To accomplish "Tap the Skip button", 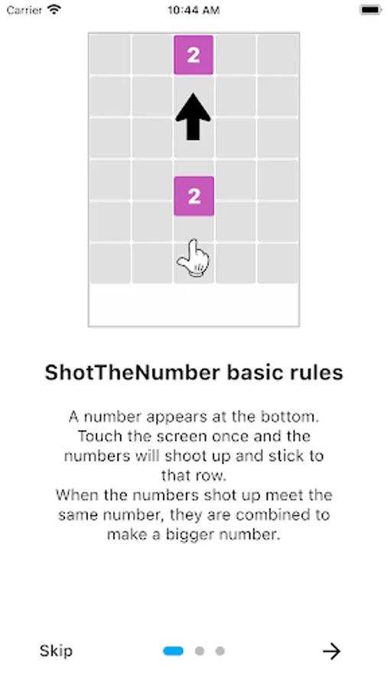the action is pyautogui.click(x=56, y=651).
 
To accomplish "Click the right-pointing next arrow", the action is pyautogui.click(x=332, y=651).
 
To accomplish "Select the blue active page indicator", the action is pyautogui.click(x=174, y=651).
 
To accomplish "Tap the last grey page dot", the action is pyautogui.click(x=220, y=651).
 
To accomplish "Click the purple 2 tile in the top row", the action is pyautogui.click(x=193, y=55).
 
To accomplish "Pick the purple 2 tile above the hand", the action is pyautogui.click(x=194, y=196).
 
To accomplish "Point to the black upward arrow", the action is pyautogui.click(x=193, y=117).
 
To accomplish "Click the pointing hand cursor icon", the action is pyautogui.click(x=193, y=258).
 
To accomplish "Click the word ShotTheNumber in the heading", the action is pyautogui.click(x=132, y=372).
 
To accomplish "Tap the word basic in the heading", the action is pyautogui.click(x=251, y=372).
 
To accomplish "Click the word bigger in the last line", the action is pyautogui.click(x=192, y=535).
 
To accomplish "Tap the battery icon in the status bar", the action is pyautogui.click(x=371, y=10).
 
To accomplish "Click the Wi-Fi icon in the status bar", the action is pyautogui.click(x=54, y=9).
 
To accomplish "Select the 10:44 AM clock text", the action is pyautogui.click(x=193, y=10).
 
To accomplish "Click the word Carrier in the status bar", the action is pyautogui.click(x=24, y=10).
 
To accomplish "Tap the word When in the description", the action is pyautogui.click(x=77, y=495).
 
